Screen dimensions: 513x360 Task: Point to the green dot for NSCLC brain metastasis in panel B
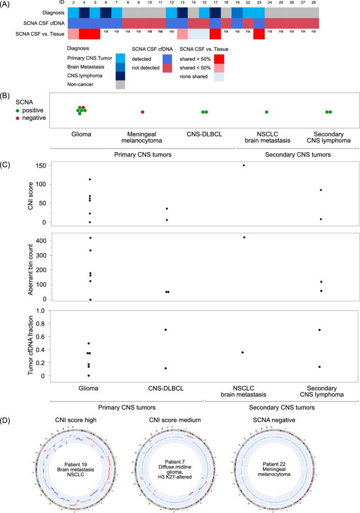click(x=266, y=112)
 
